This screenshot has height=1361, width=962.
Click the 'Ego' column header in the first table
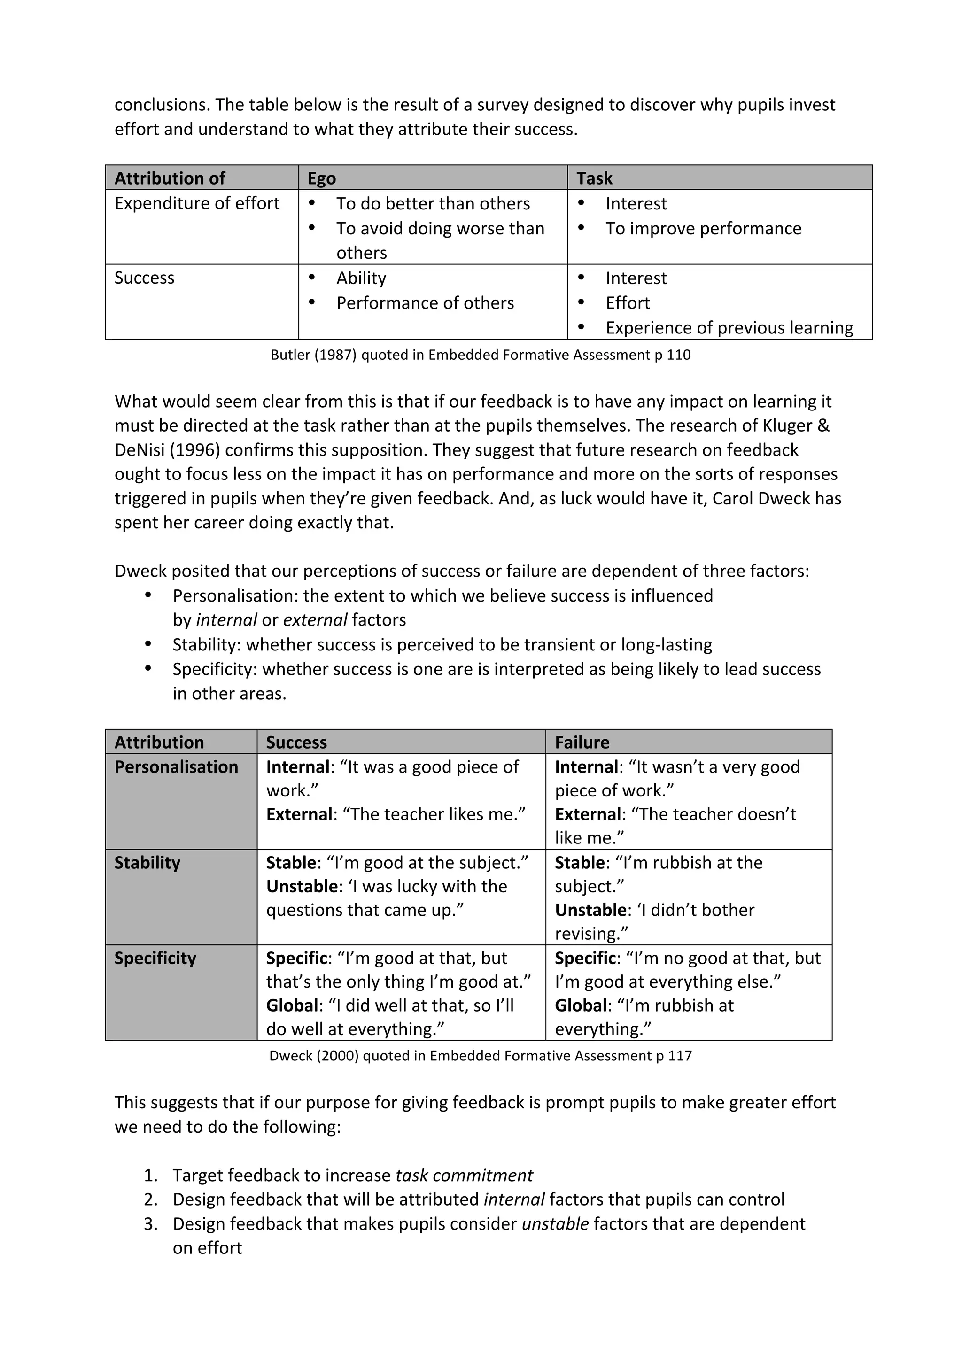pos(321,178)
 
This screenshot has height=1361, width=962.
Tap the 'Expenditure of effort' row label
pos(196,203)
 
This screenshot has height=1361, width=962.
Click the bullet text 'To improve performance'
pos(703,228)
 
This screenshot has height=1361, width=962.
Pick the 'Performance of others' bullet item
pos(425,303)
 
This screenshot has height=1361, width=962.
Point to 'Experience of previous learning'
pos(729,328)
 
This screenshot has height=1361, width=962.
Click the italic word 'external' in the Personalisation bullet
pos(315,620)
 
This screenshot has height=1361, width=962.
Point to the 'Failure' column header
pos(582,742)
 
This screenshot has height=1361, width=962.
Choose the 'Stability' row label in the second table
pos(147,862)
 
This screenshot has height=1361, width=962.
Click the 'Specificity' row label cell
pos(155,959)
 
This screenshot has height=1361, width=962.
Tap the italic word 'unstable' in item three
pos(555,1224)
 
